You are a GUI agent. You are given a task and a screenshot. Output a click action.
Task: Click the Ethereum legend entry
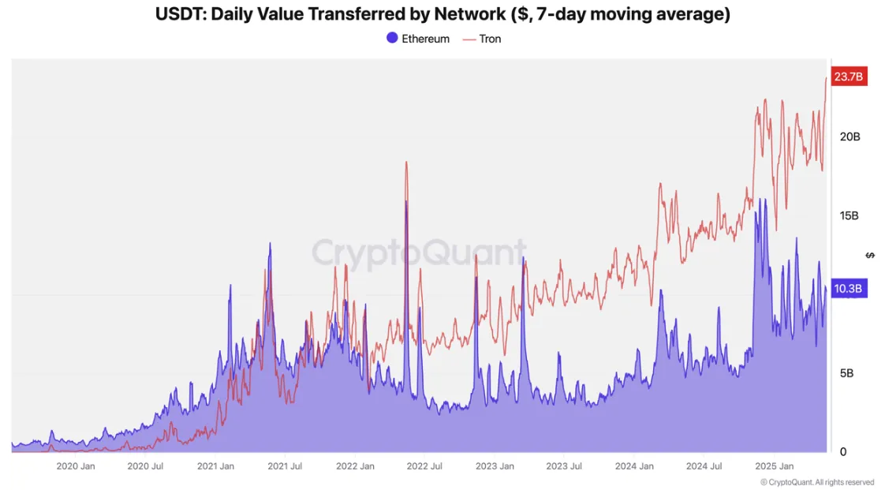tap(418, 39)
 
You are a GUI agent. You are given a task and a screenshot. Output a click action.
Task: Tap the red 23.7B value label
tap(848, 77)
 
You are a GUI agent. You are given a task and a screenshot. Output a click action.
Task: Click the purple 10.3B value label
tap(848, 289)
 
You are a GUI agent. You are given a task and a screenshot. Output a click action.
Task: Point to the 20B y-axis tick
tap(850, 137)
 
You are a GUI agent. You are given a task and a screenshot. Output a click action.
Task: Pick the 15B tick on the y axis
tap(850, 215)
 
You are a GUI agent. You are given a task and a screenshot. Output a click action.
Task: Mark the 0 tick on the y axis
tap(843, 452)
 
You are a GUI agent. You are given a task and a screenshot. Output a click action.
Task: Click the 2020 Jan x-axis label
tap(76, 466)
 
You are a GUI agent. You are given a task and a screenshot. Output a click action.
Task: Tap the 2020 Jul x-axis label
tap(146, 466)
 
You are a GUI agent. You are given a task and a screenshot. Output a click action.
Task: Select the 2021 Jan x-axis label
tap(215, 466)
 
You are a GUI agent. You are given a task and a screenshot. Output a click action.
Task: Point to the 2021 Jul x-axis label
tap(285, 466)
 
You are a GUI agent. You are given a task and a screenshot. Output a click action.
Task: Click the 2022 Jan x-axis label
tap(355, 466)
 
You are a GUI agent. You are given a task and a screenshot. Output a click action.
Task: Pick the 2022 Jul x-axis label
tap(424, 466)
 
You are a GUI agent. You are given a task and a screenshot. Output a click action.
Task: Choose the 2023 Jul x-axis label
tap(565, 466)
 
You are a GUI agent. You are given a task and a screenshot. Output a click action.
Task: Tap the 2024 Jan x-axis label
tap(634, 466)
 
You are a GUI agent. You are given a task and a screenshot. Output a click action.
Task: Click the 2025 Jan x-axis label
tap(774, 466)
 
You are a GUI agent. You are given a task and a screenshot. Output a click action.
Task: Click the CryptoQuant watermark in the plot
tap(419, 253)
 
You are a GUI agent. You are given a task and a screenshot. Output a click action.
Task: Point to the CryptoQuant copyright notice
tap(817, 482)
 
